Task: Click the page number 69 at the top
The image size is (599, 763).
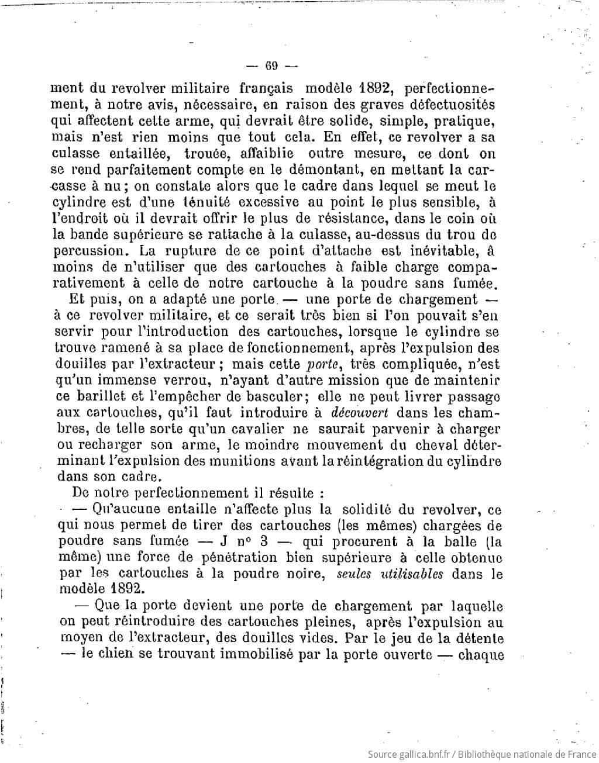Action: click(x=271, y=65)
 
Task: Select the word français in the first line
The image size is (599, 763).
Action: click(x=267, y=89)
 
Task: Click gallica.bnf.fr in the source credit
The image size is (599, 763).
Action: click(x=424, y=755)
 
